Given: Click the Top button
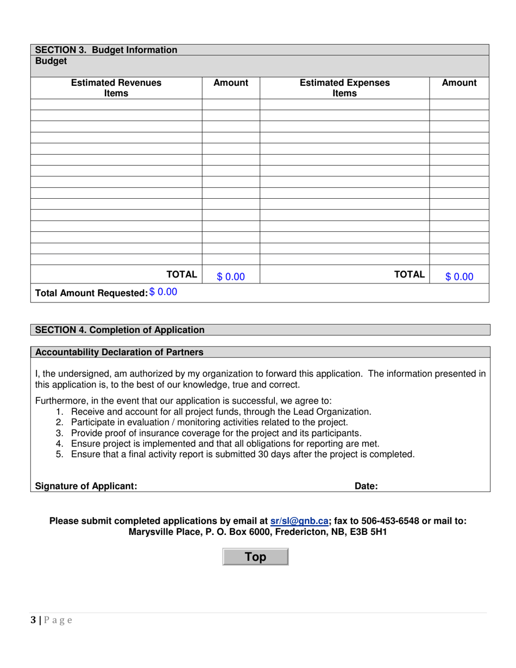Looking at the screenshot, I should point(255,557).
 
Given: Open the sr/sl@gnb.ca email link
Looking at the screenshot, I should point(299,521).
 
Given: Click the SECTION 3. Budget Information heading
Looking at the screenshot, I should point(106,50).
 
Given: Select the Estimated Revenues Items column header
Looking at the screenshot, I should point(116,88).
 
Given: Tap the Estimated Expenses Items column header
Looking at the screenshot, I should point(344,88).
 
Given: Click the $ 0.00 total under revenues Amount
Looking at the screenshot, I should point(231,277).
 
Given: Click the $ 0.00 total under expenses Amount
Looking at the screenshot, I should point(460,277).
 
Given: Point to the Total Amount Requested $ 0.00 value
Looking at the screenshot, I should point(163,292).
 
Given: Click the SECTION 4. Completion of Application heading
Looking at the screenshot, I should point(120,330).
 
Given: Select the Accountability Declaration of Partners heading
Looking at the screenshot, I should point(119,352).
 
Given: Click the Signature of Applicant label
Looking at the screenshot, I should point(86,487).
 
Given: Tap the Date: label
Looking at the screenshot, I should point(366,487).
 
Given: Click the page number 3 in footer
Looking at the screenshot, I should point(34,621).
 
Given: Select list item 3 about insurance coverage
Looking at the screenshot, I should point(216,433).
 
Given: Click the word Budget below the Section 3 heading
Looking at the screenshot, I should point(51,61).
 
